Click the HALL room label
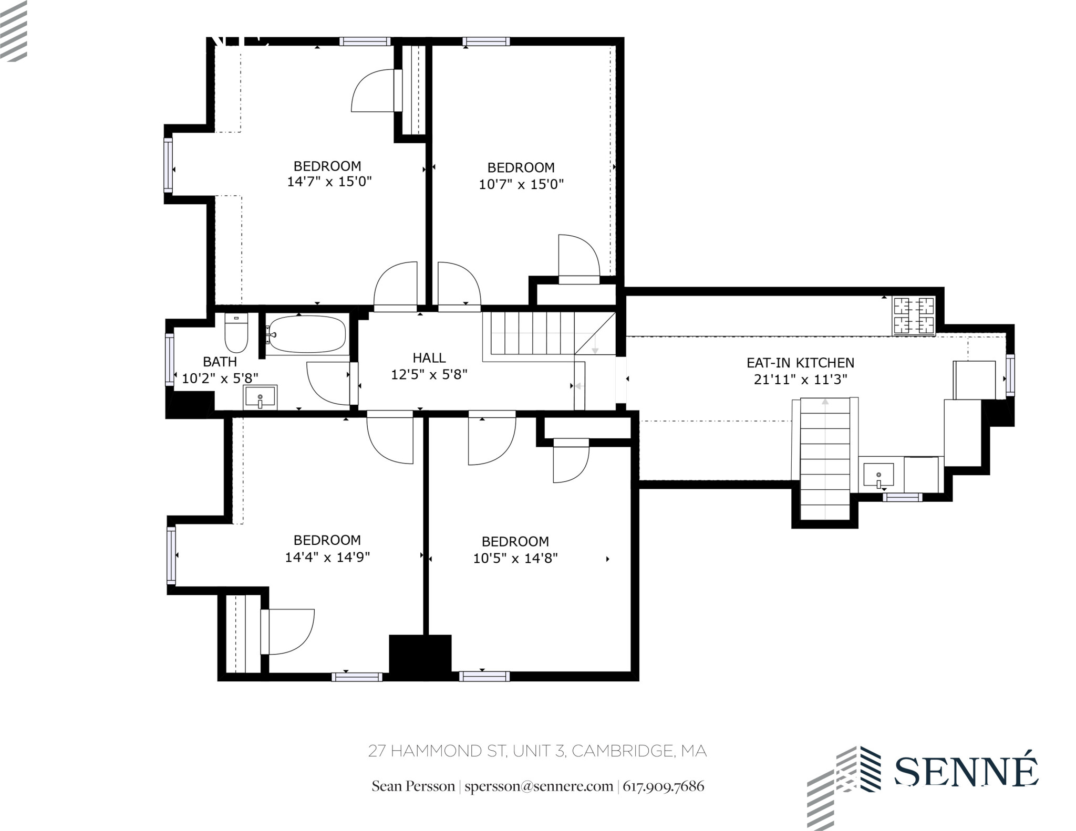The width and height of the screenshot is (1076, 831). (429, 358)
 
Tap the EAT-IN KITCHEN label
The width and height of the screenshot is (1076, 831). (800, 363)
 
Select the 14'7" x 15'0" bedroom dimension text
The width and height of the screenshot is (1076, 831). (329, 182)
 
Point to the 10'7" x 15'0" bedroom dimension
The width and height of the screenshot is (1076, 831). (521, 184)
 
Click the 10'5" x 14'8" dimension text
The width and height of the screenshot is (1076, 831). (515, 558)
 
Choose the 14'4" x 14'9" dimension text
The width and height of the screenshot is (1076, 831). (327, 557)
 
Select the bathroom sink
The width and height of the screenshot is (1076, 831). (260, 397)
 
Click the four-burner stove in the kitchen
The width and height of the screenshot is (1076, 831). (914, 316)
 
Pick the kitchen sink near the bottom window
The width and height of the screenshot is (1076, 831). (878, 475)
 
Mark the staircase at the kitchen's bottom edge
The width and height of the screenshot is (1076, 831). (825, 459)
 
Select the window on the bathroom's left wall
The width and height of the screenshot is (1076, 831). (169, 360)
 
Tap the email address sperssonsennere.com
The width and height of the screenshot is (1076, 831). (539, 786)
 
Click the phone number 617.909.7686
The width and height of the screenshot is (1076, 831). (663, 786)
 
